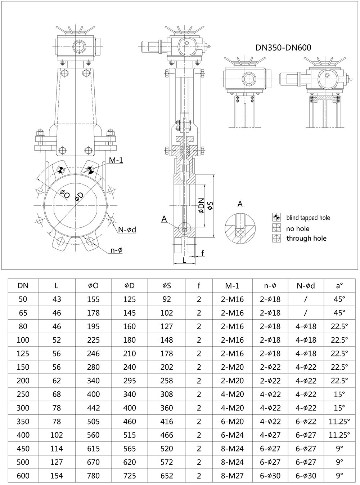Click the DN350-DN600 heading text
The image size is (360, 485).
[x=283, y=47]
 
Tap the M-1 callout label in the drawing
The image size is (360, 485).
[x=116, y=160]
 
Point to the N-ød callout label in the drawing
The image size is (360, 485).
[x=126, y=230]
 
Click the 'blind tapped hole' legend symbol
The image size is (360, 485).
[x=276, y=217]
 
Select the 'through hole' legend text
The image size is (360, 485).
[x=306, y=238]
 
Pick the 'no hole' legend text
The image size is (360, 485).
[x=298, y=228]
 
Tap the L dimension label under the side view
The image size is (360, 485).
[x=184, y=260]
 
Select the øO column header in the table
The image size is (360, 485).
[x=93, y=286]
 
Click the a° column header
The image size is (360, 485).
[x=339, y=286]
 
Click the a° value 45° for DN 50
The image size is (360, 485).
[x=339, y=299]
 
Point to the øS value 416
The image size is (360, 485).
[x=166, y=422]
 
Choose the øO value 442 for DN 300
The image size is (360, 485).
[x=93, y=408]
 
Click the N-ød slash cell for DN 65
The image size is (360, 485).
[x=306, y=313]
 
